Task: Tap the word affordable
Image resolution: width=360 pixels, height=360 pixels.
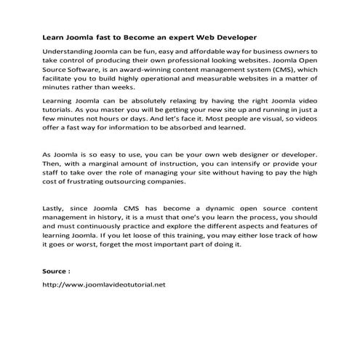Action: point(191,53)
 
